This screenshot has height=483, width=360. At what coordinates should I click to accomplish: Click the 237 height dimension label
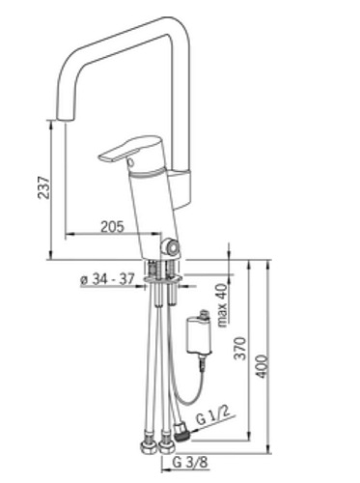44,187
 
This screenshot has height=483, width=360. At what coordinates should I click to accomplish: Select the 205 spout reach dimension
112,227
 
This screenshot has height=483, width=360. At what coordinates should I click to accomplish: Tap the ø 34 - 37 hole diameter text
107,279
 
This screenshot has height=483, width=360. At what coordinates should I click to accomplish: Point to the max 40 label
222,305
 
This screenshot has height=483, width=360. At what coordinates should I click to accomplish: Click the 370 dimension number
240,348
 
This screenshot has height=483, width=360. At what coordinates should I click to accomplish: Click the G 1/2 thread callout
213,417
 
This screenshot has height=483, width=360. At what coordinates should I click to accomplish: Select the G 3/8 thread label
190,463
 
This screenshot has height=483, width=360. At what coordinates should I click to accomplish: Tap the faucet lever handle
130,149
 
